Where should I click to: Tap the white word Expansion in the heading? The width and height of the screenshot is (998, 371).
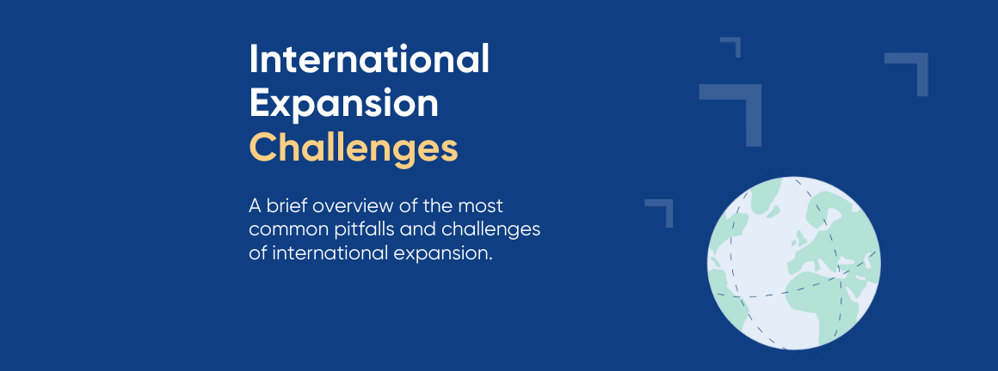coord(343,104)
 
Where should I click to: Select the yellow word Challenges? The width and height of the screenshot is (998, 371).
coord(354,148)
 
